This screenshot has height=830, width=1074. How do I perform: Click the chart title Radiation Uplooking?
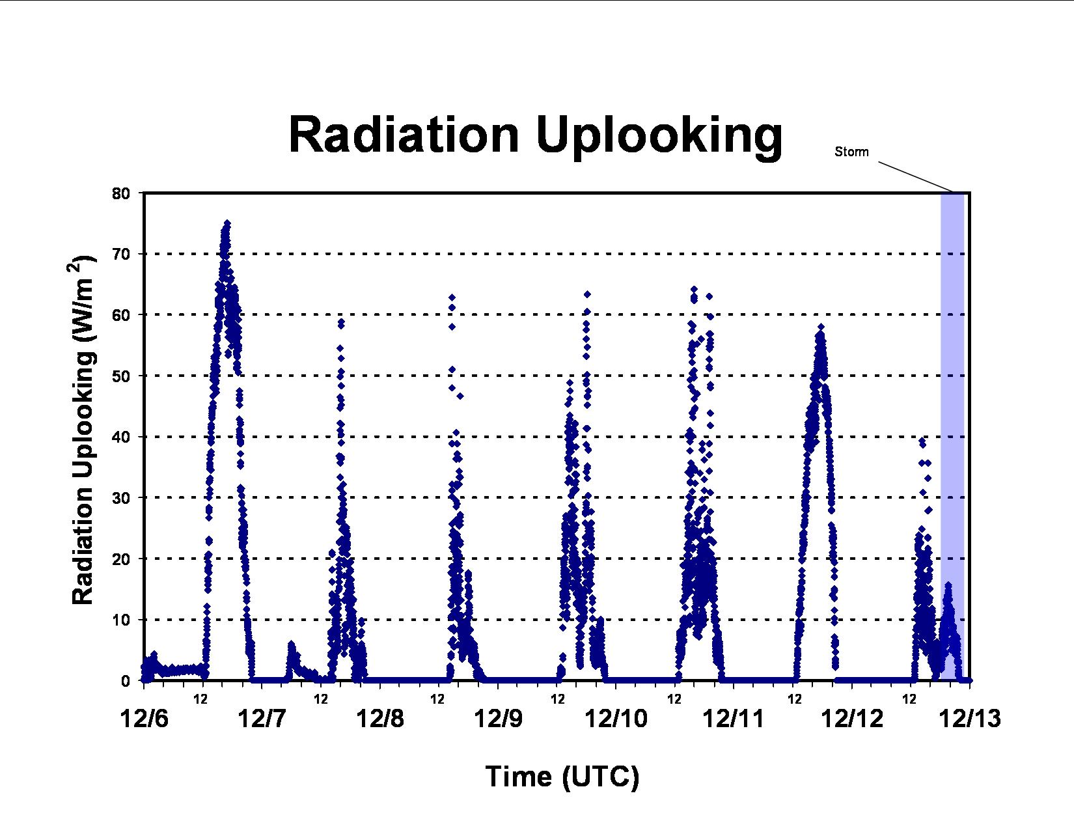coord(535,135)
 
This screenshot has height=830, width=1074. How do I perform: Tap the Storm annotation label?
coord(851,152)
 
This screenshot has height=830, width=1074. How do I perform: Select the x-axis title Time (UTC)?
coord(562,776)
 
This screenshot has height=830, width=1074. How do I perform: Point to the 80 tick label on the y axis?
coord(120,193)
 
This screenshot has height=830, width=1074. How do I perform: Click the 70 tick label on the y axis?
coord(120,254)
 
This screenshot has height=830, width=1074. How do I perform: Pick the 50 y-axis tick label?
coord(120,376)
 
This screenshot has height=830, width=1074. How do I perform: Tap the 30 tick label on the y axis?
coord(120,498)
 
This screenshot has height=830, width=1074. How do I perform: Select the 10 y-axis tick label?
coord(120,620)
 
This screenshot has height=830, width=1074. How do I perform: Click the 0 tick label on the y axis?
coord(126,681)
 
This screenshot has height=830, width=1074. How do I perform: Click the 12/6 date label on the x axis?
coord(144,719)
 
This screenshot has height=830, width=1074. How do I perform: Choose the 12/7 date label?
coord(262,719)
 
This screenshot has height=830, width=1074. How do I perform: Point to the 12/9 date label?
coord(498,719)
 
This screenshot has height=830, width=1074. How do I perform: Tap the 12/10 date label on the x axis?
coord(616,719)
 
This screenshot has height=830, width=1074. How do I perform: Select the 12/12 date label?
coord(852,719)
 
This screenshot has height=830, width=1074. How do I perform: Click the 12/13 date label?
coord(970,719)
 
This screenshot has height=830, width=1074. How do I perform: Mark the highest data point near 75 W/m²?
coord(227,223)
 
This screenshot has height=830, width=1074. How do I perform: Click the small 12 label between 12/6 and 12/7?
coord(200,699)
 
